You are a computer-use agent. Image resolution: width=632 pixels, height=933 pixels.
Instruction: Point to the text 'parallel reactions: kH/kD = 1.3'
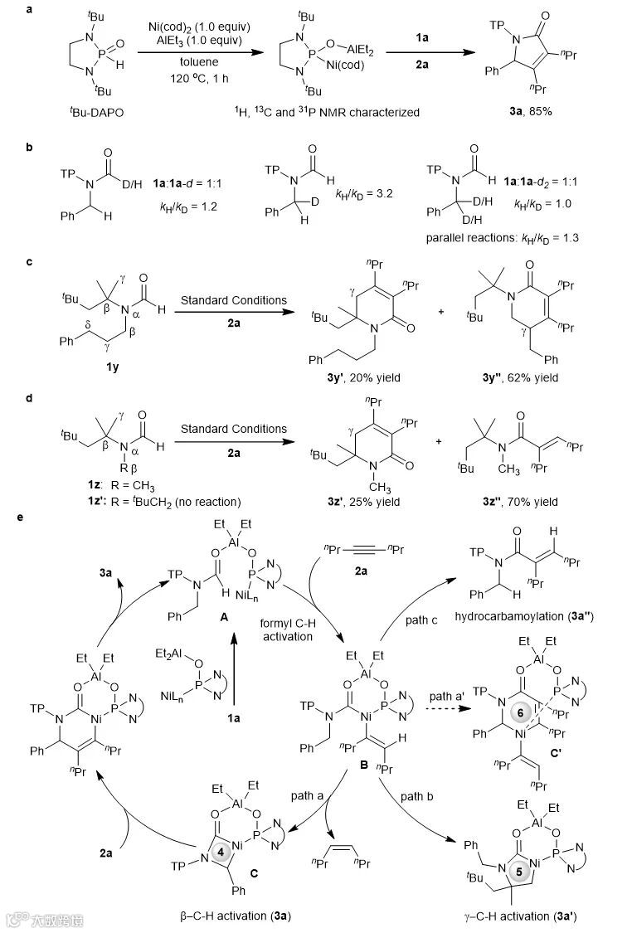[x=498, y=240]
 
